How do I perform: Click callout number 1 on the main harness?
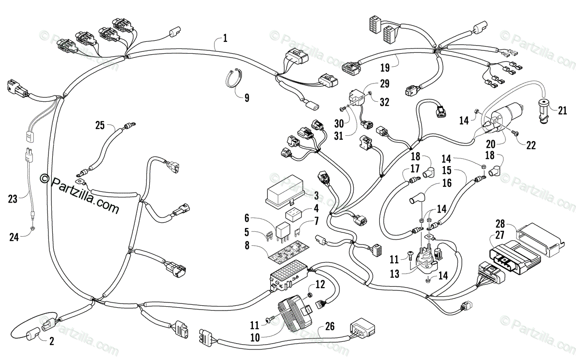[225, 38]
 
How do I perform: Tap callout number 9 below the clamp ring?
[247, 98]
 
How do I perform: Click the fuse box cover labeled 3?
[286, 191]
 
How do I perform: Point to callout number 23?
[12, 199]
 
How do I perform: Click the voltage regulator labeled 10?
[296, 312]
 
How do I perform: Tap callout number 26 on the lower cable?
[330, 326]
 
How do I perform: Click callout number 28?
[500, 224]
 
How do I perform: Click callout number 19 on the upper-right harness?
[385, 68]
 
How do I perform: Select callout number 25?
[100, 125]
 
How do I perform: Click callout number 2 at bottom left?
[52, 341]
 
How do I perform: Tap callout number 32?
[384, 102]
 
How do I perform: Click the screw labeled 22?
[514, 133]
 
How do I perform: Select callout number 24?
[14, 237]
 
